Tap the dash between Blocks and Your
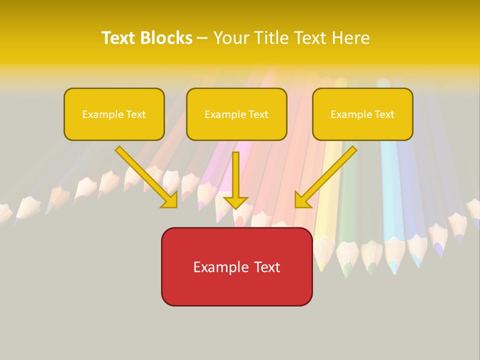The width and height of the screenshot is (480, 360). (202, 38)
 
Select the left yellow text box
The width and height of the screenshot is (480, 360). (114, 114)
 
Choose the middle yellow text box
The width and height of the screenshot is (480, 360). (236, 114)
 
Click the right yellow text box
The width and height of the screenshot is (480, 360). (362, 114)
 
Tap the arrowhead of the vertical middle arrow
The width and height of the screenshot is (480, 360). (235, 202)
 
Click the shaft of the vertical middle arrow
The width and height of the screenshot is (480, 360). (235, 172)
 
